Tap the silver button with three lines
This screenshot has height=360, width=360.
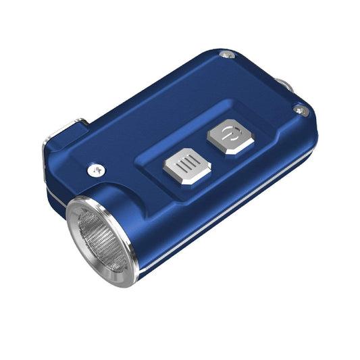187,166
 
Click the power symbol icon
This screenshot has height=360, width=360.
230,133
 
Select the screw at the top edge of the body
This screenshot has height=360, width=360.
228,54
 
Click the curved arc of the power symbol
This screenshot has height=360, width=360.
226,135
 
